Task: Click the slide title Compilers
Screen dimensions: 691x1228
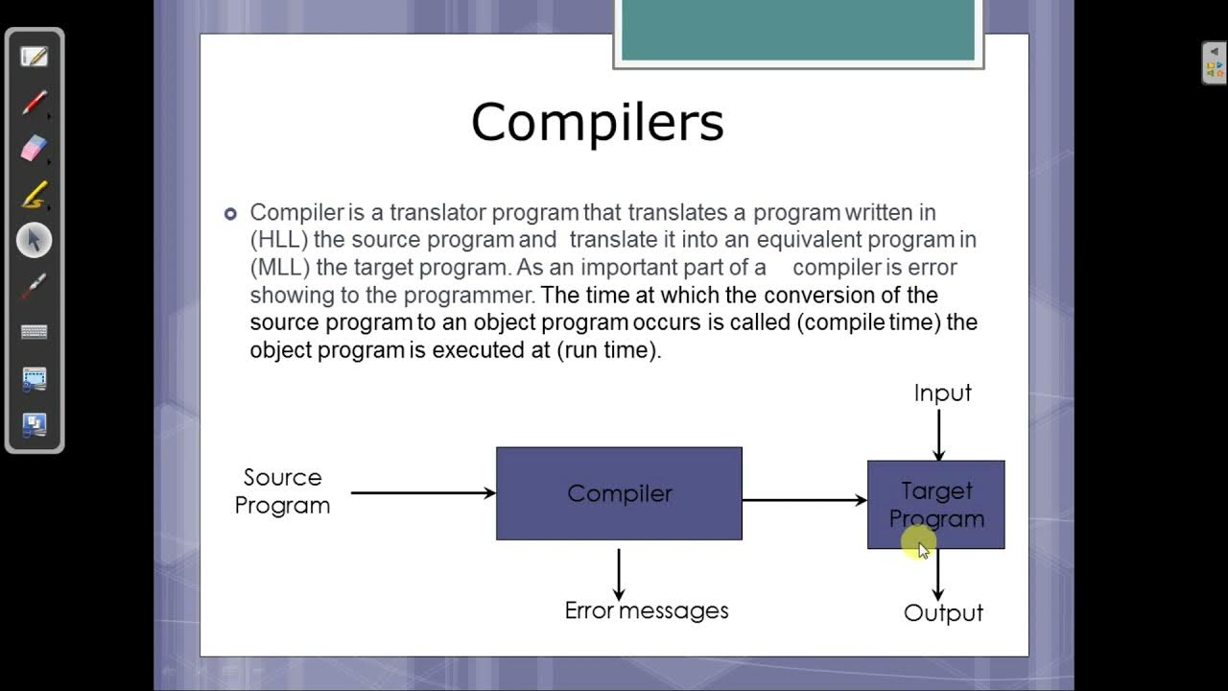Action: coord(597,123)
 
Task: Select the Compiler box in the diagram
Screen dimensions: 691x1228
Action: coord(619,493)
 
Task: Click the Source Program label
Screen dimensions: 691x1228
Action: coord(282,491)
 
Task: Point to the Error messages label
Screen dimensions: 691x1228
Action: coord(647,610)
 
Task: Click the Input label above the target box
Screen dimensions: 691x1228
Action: coord(942,393)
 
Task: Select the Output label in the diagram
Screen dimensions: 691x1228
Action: coord(943,613)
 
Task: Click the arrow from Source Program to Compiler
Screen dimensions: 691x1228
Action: coord(422,493)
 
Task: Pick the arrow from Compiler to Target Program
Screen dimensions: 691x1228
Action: coord(804,500)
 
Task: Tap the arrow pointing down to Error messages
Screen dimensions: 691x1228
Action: coord(619,574)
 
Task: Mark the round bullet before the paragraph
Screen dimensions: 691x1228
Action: coord(230,213)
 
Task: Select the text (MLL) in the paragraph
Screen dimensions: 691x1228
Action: coord(279,267)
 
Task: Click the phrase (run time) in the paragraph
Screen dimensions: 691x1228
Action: coord(608,350)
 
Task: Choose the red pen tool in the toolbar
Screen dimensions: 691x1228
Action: coord(35,102)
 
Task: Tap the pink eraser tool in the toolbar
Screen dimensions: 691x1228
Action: coord(34,148)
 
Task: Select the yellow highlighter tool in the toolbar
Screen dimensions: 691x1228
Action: coord(34,195)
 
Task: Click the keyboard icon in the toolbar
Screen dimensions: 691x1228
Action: coord(34,332)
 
